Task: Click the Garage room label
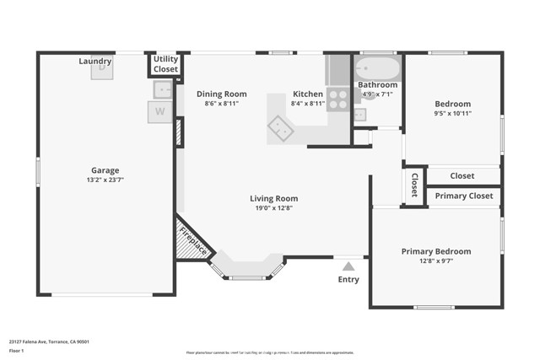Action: tap(105, 169)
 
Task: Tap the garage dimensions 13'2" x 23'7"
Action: tap(105, 180)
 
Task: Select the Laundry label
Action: tap(95, 62)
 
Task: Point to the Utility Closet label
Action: tap(165, 64)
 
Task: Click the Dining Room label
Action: tap(221, 94)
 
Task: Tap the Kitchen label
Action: tap(308, 94)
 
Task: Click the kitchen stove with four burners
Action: tap(337, 99)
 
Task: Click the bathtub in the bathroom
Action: tap(377, 68)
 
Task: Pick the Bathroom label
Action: tap(377, 84)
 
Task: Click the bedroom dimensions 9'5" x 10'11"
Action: tap(452, 113)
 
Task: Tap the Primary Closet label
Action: tap(463, 196)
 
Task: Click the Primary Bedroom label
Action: tap(435, 251)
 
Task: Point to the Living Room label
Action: tap(273, 199)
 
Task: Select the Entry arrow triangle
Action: tap(348, 266)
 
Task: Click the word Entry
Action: tap(348, 279)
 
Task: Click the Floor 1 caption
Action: tap(17, 350)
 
